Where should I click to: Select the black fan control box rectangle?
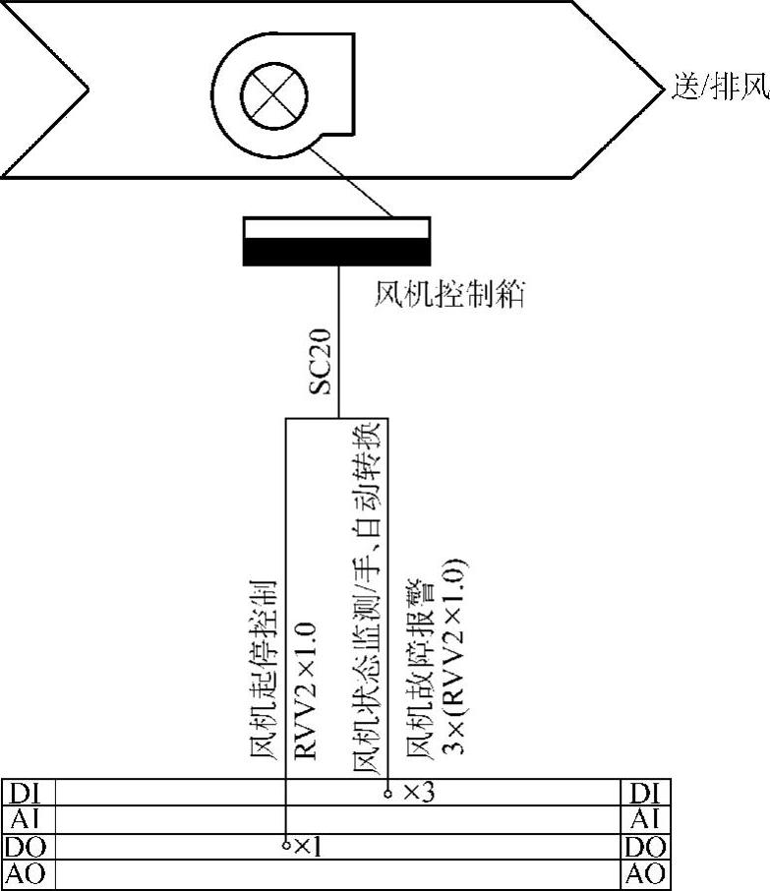(336, 241)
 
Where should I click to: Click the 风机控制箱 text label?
(449, 294)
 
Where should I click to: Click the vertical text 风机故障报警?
(420, 679)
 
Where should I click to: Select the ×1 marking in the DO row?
(308, 846)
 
